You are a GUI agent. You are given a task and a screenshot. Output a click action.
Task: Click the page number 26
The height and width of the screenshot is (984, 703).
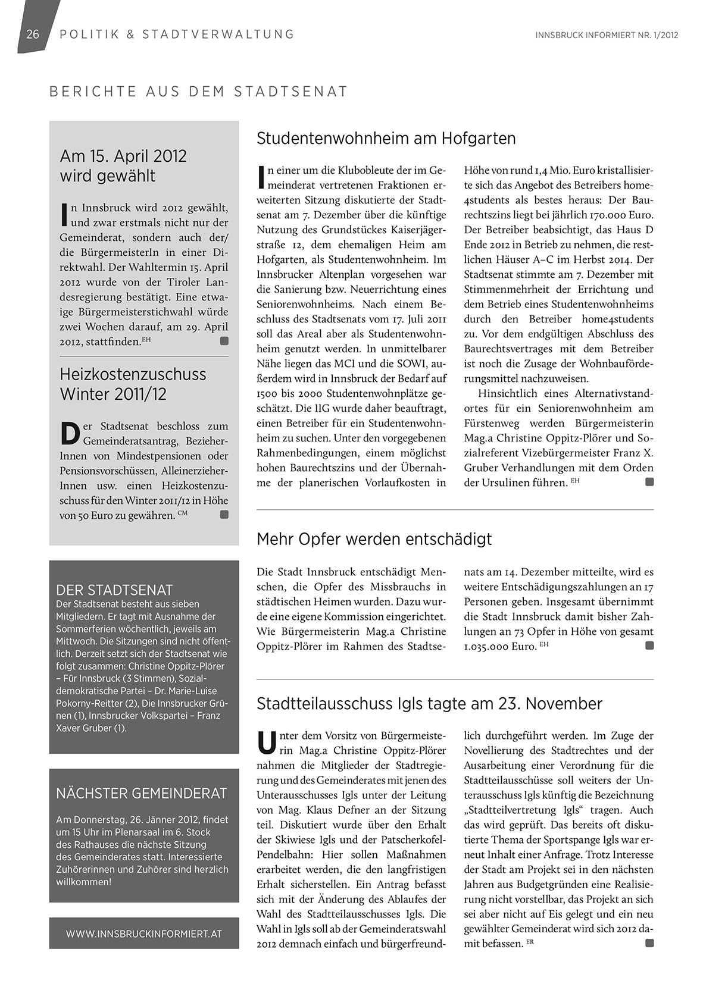click(x=33, y=35)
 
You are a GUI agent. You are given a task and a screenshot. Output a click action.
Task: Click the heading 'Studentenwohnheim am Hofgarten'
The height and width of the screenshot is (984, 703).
click(x=386, y=139)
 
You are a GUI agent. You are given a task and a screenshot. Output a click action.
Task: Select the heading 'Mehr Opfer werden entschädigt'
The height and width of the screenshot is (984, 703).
click(x=374, y=540)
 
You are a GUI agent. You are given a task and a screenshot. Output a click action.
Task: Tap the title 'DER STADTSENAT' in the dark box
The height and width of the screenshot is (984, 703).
click(x=114, y=590)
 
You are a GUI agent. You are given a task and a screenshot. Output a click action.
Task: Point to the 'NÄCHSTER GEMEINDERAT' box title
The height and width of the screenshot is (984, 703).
click(x=142, y=793)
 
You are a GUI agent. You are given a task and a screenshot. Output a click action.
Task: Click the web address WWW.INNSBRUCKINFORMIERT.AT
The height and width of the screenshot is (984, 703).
click(x=144, y=934)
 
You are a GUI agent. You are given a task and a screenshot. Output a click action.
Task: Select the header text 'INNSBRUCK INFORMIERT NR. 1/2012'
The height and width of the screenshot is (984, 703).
click(x=607, y=35)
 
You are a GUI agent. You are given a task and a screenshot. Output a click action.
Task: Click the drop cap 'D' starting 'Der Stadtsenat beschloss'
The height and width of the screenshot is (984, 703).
click(x=70, y=433)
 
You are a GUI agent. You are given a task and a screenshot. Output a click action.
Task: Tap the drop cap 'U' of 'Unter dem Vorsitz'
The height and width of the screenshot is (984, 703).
click(x=265, y=742)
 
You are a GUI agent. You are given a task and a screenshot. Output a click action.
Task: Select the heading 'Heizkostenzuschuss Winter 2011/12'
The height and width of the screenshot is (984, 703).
click(x=133, y=384)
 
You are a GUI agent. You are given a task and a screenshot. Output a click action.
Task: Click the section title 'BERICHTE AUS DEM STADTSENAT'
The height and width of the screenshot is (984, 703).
click(x=198, y=92)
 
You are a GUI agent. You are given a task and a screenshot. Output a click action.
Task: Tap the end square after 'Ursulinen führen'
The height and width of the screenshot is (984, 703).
click(x=649, y=482)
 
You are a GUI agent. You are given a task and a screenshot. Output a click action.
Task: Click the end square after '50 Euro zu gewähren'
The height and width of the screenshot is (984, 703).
click(x=224, y=515)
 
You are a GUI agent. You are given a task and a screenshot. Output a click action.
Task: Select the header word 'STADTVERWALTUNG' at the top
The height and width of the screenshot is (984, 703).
click(x=218, y=35)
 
